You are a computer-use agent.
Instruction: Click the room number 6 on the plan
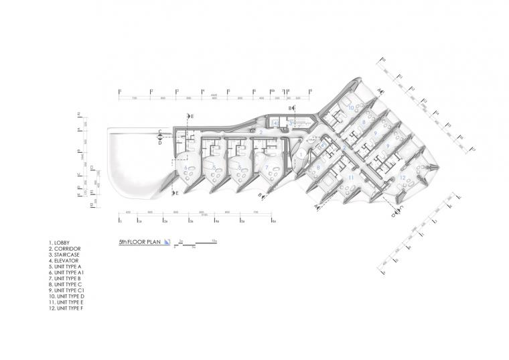186,167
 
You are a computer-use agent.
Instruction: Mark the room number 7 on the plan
267,167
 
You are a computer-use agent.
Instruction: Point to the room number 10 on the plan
350,108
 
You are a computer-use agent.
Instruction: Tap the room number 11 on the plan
351,177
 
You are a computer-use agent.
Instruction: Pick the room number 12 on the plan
403,177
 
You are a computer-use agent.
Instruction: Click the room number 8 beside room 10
364,123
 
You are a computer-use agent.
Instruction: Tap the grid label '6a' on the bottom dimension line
273,220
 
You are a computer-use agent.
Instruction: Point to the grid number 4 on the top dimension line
202,90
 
